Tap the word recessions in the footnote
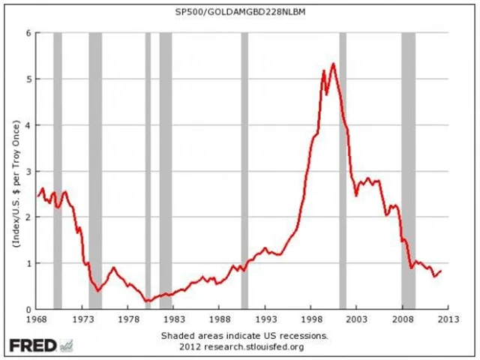306,334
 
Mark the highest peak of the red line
332,63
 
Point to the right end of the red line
441,271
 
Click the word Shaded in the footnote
177,334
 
